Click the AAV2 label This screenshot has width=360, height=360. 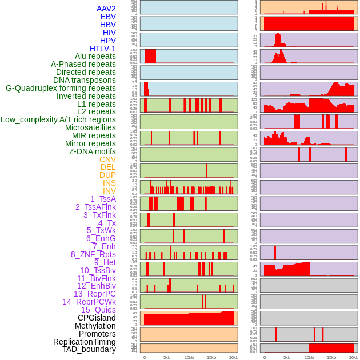pos(106,9)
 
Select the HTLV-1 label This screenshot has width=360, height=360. pos(102,49)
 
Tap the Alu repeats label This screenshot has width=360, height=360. pos(95,57)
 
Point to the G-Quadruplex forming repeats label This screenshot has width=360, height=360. pos(61,89)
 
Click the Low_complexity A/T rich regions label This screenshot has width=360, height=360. pos(58,120)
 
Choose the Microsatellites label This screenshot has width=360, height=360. pos(90,128)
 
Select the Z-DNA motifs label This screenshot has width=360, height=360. pos(93,151)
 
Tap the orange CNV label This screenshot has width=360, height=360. pos(107,159)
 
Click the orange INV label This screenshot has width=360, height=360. pos(109,191)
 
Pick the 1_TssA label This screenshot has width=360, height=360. pos(103,199)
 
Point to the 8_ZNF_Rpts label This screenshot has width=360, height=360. pos(93,254)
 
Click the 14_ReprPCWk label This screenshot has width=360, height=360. pos(89,302)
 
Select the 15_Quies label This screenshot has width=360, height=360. pos(98,310)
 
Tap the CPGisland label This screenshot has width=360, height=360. pos(97,318)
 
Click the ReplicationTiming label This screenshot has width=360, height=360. pos(84,342)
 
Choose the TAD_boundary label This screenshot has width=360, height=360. pos(89,349)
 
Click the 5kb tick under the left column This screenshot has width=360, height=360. pos(167,358)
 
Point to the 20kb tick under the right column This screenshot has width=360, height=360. pos(354,358)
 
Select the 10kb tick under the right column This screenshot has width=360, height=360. pos(309,358)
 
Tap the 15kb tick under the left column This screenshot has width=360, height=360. pos(211,358)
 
